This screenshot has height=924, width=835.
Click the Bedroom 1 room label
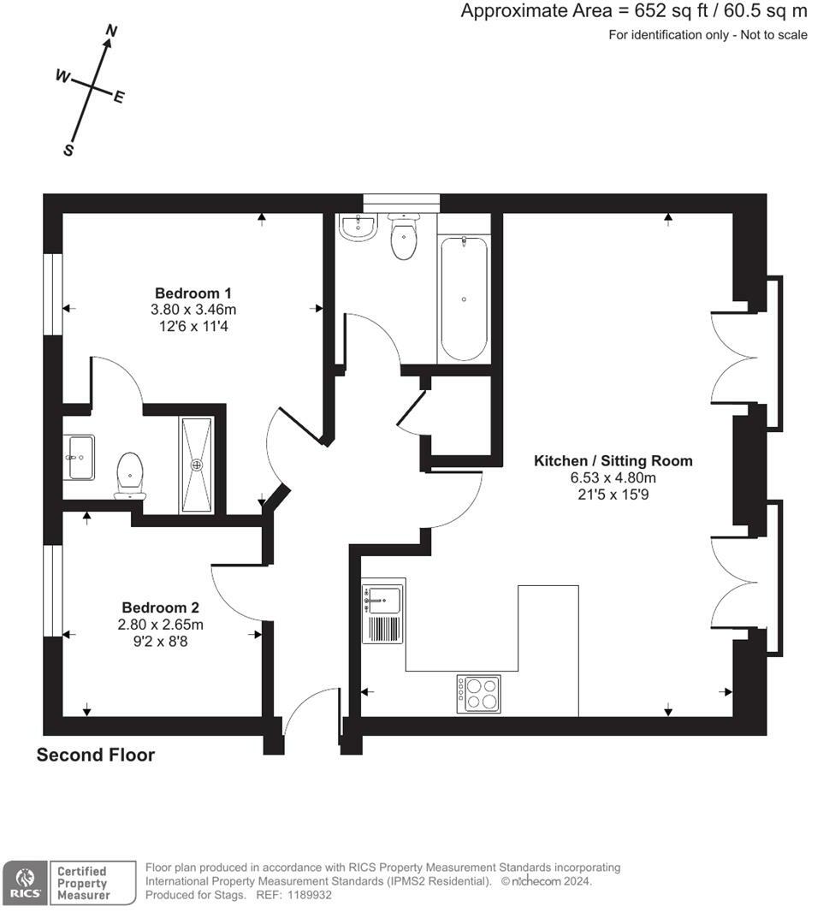point(193,293)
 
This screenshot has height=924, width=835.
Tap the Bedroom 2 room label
point(160,607)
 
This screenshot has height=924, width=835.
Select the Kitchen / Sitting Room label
point(613,461)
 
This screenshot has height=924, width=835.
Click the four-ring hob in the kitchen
point(478,694)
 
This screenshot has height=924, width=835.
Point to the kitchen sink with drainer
point(383,611)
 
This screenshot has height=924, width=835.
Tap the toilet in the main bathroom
point(404,236)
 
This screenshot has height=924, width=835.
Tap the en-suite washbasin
point(80,457)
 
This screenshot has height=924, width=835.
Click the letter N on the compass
point(110,30)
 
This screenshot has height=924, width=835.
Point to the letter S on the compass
point(68,150)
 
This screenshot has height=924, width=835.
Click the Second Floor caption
point(96,755)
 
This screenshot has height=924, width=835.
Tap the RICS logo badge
point(26,882)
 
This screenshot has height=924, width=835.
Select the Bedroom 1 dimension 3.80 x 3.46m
point(193,310)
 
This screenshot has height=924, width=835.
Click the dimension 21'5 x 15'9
point(613,495)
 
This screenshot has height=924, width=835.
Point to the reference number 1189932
point(310,895)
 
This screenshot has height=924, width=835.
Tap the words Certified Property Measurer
point(83,883)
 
